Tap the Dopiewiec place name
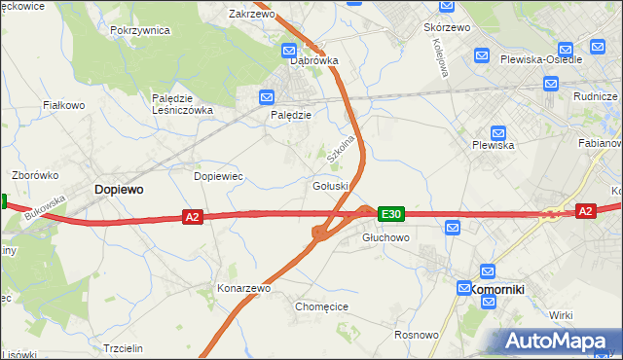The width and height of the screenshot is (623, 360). [218, 176]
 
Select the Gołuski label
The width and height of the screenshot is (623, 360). [332, 186]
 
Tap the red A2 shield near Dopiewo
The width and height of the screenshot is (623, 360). [192, 217]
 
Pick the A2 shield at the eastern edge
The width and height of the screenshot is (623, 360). [584, 210]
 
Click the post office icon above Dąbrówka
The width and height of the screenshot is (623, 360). [290, 50]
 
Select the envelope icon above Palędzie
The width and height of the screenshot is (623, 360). [268, 96]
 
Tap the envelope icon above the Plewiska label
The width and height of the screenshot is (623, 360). [498, 133]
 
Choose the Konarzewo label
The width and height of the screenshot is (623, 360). [243, 288]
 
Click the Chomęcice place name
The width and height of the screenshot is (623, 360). [321, 306]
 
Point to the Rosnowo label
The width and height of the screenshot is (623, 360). [416, 335]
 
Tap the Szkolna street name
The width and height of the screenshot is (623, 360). [340, 146]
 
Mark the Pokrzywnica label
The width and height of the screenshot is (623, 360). [140, 30]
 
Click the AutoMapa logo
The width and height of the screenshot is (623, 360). [556, 341]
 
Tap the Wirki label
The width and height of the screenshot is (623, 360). [561, 315]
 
